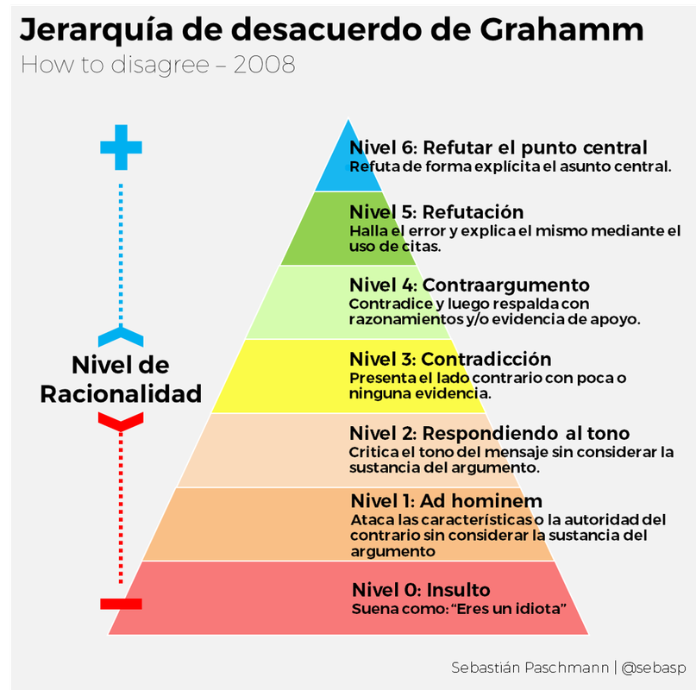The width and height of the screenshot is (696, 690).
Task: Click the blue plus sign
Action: point(121,147)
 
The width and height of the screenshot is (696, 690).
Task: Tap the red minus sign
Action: point(121,604)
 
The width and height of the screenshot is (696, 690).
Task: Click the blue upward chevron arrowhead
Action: point(121,337)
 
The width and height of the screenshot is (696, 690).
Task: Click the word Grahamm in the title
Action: point(561,30)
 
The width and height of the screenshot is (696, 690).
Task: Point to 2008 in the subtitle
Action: point(264,65)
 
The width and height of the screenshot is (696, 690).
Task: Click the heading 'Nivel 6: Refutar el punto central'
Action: point(498,147)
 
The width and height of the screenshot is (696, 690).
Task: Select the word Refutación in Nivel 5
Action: point(473,212)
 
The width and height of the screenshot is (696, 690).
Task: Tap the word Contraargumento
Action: point(505,285)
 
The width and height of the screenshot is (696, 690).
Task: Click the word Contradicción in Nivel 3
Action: point(486,359)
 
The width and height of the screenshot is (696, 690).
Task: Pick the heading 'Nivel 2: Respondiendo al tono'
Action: point(490,433)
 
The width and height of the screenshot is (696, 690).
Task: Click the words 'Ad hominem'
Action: point(480,501)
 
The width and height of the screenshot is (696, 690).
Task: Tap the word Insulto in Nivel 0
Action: point(459,590)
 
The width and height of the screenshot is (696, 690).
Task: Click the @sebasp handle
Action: point(654,668)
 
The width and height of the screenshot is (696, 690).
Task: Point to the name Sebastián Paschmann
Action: point(530,668)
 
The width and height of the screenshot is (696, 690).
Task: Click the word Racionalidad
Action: point(121,394)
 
